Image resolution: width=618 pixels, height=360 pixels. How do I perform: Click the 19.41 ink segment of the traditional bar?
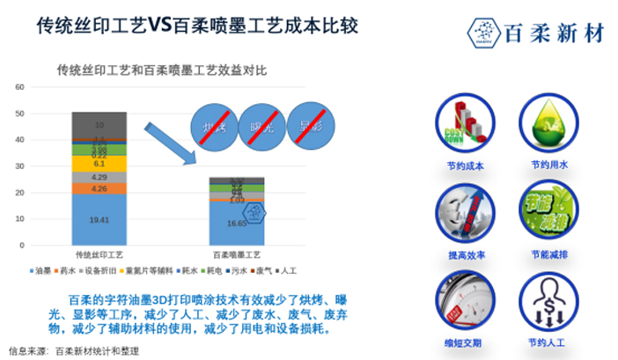[99, 219]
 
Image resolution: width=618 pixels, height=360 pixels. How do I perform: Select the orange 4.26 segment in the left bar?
[99, 188]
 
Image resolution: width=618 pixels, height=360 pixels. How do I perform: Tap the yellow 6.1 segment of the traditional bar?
[99, 163]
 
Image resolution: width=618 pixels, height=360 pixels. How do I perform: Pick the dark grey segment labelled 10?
[99, 124]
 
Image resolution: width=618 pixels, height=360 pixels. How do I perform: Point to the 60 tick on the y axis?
[19, 86]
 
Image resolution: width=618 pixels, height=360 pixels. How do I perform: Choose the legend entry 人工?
[290, 270]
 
